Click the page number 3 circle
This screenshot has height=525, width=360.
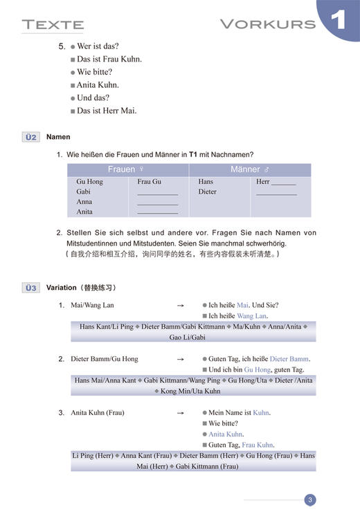(x=310, y=500)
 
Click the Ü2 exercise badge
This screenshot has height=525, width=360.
(x=31, y=137)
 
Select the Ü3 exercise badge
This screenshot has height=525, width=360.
(x=31, y=288)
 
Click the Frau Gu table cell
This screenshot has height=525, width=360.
(x=150, y=182)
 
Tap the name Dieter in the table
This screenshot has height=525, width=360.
(x=207, y=192)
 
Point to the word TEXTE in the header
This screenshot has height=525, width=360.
(x=53, y=26)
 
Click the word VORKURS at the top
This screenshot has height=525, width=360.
(x=267, y=24)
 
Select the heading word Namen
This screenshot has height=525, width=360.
(x=58, y=137)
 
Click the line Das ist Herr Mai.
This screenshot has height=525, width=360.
(x=107, y=111)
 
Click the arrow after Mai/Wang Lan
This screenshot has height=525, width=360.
(x=181, y=305)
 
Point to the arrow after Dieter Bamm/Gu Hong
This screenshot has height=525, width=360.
(x=181, y=359)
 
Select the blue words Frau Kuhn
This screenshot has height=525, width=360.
(x=258, y=445)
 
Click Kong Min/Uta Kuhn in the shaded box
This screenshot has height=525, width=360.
(x=190, y=391)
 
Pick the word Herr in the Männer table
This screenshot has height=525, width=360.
(x=263, y=182)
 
